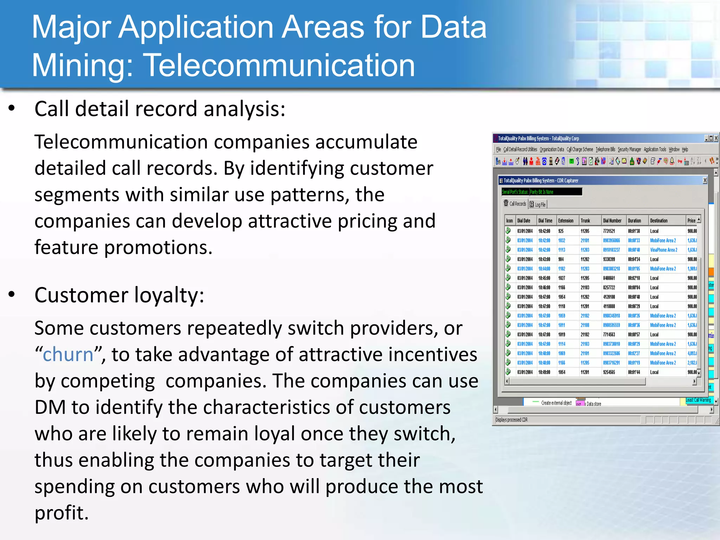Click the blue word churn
[68, 354]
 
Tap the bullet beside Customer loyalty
[12, 295]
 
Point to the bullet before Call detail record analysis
[12, 108]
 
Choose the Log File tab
[538, 204]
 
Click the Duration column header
[634, 220]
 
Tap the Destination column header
[658, 220]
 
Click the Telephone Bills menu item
[605, 149]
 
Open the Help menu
[685, 149]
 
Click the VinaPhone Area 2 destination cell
[663, 250]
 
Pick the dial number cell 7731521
[609, 231]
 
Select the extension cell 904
[561, 259]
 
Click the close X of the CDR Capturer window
[705, 180]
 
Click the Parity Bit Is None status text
[541, 192]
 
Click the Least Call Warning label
[699, 400]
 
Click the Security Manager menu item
[629, 149]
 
